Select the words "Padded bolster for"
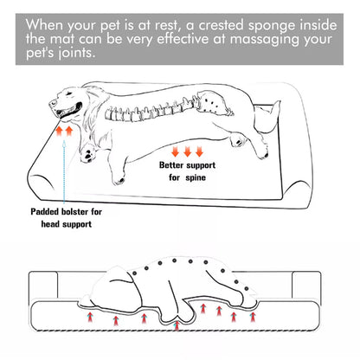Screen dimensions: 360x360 (67, 209)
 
